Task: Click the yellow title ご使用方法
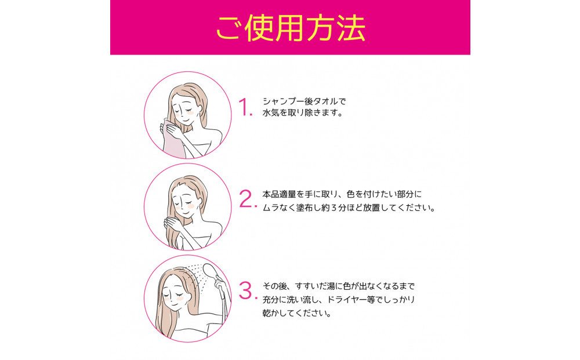tap(291, 28)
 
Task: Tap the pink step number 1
tap(245, 107)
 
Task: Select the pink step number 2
tap(247, 199)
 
